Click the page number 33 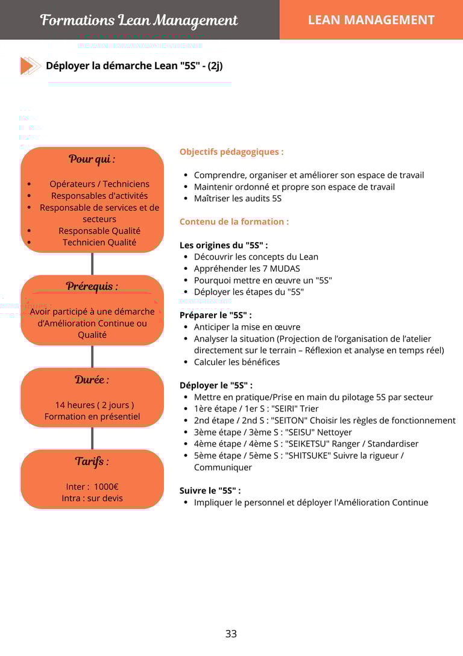coord(231,634)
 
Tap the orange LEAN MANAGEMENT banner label coord(371,20)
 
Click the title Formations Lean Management coord(139,20)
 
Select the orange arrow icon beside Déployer coord(30,66)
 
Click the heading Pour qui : coord(92,159)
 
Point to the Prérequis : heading coord(92,286)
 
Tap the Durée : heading coord(92,380)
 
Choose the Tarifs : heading coord(92,462)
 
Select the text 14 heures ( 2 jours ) coord(95,405)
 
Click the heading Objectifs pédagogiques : coord(231,152)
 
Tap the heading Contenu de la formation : coord(234,222)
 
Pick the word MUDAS coord(286,269)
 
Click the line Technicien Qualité coord(99,242)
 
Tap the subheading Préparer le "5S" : coord(215,315)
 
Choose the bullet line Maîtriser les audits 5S coord(238,198)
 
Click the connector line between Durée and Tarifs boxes coord(92,438)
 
